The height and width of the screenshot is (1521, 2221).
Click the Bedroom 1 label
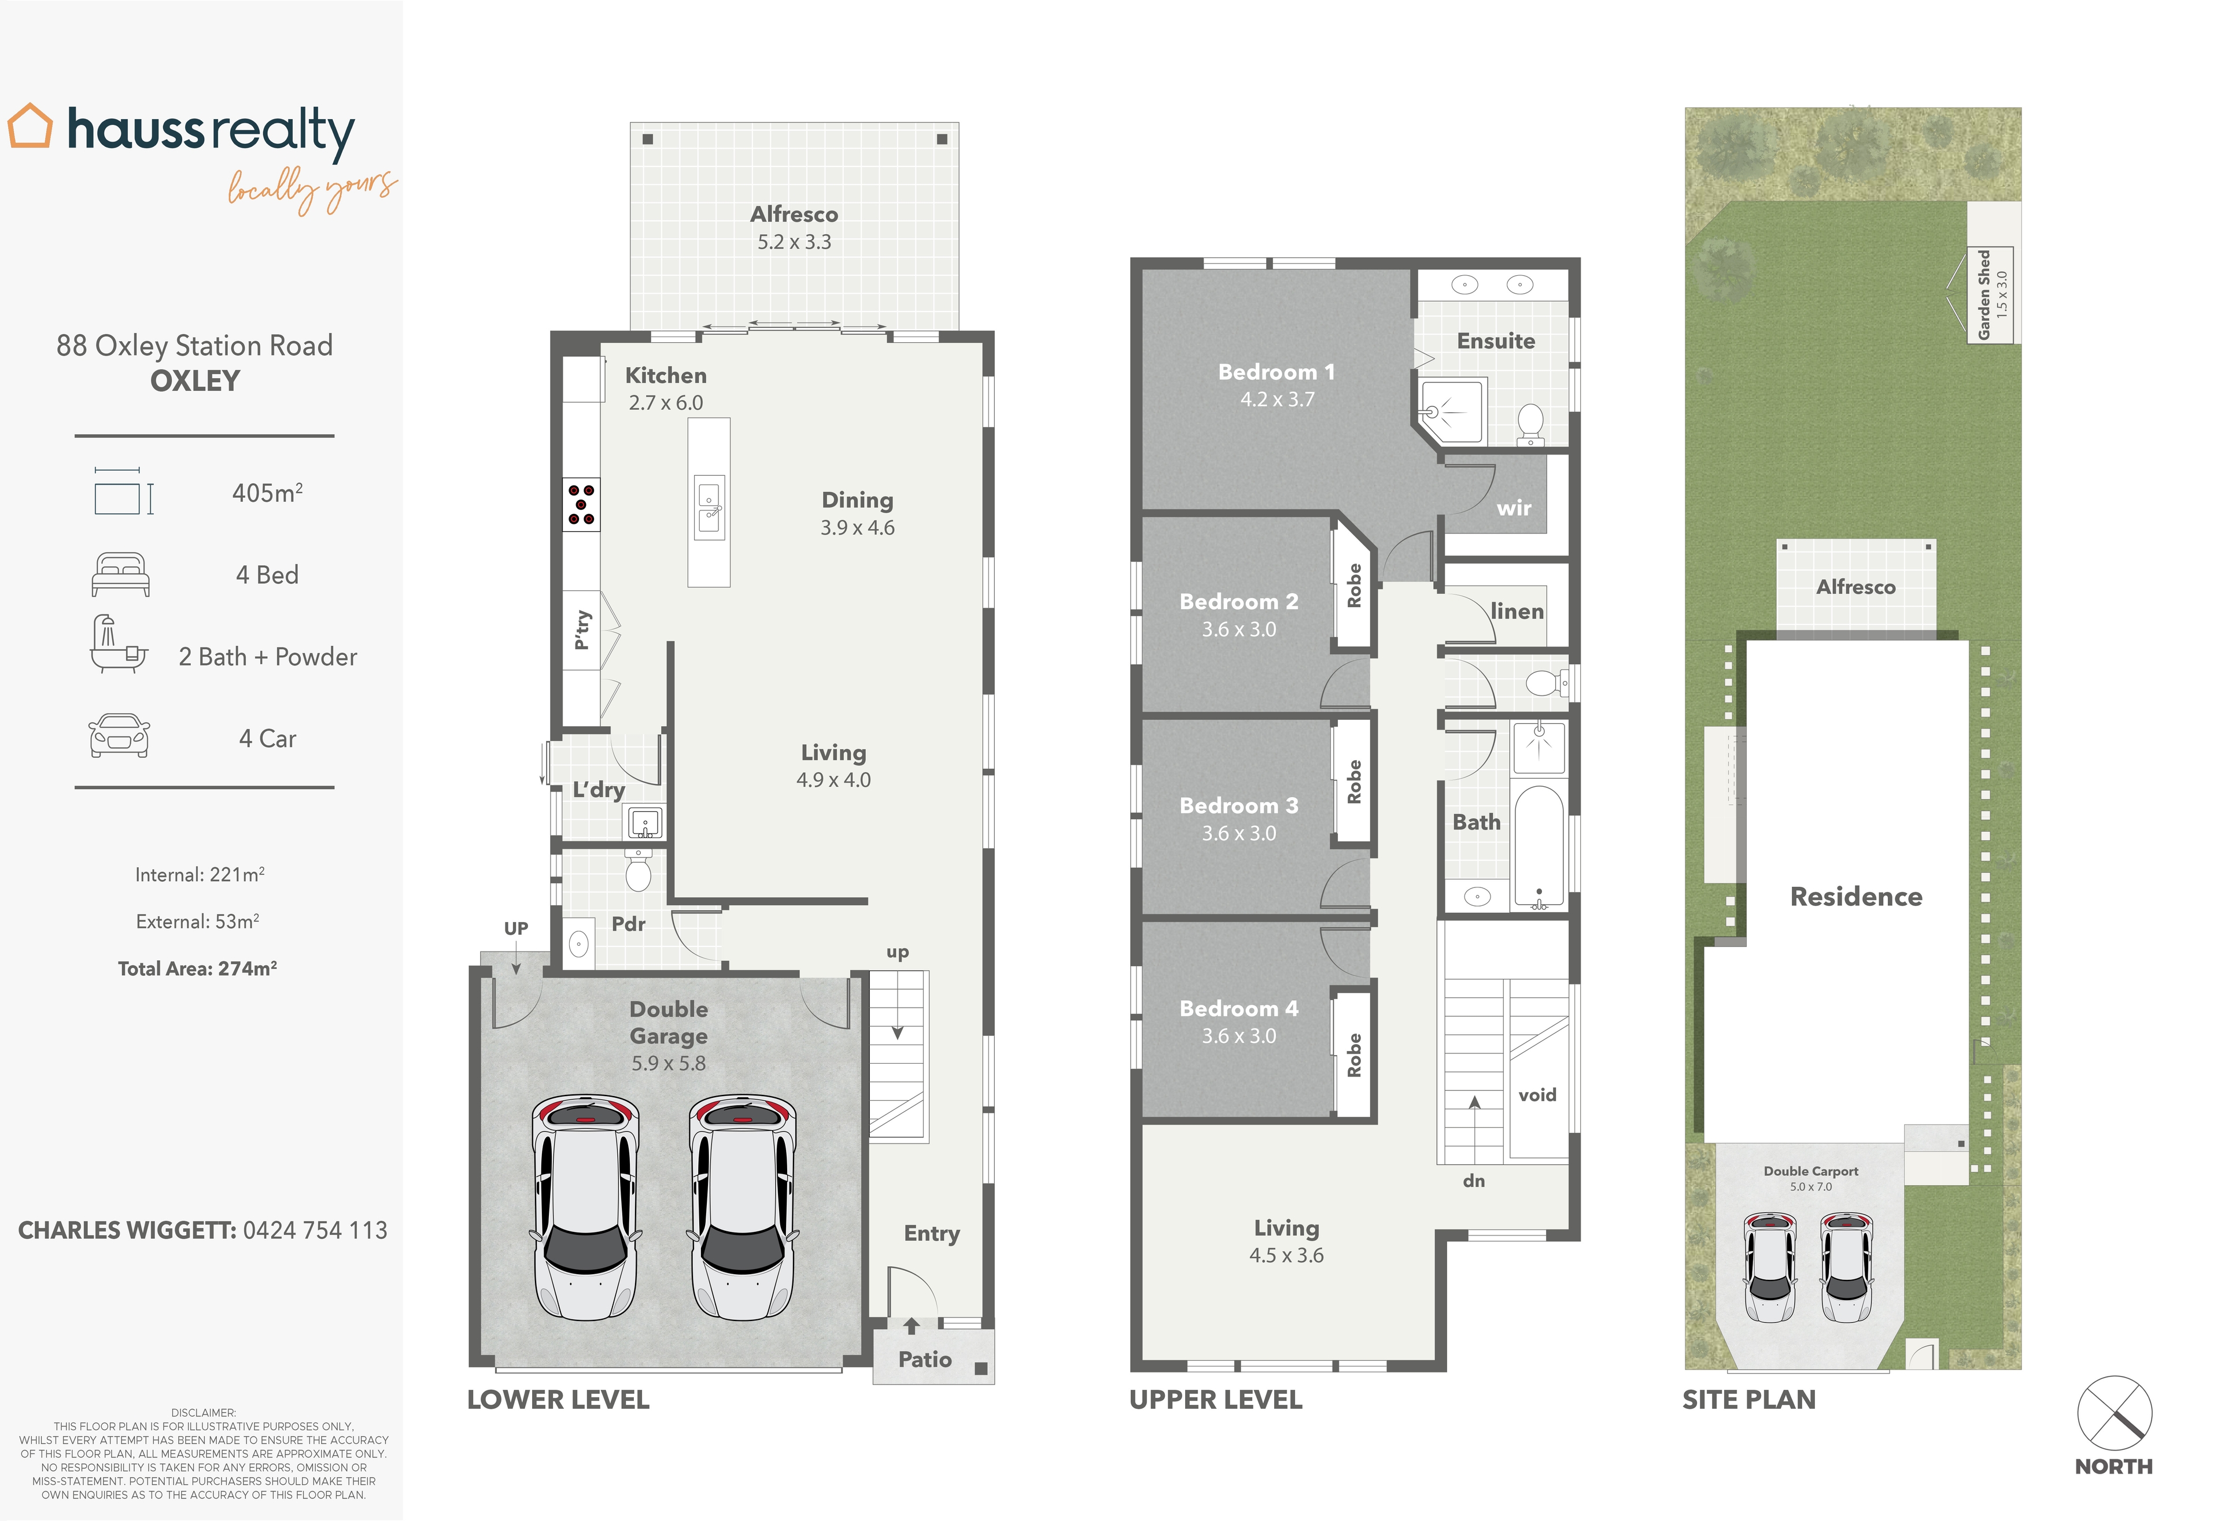pos(1276,372)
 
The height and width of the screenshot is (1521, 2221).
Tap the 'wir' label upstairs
pos(1514,508)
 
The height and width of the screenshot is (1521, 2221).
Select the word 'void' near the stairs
pos(1537,1095)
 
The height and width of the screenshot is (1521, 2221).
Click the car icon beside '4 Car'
pos(119,737)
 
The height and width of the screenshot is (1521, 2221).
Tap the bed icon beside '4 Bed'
pos(120,575)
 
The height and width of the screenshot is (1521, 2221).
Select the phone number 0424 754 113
pos(315,1231)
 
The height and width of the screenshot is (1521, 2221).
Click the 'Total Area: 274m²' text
pos(198,969)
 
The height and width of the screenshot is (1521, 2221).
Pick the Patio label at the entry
pos(924,1360)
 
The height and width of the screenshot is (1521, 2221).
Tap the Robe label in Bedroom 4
pos(1354,1055)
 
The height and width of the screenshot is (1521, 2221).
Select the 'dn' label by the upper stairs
pos(1474,1182)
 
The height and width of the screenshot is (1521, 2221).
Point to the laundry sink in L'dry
pos(644,821)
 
